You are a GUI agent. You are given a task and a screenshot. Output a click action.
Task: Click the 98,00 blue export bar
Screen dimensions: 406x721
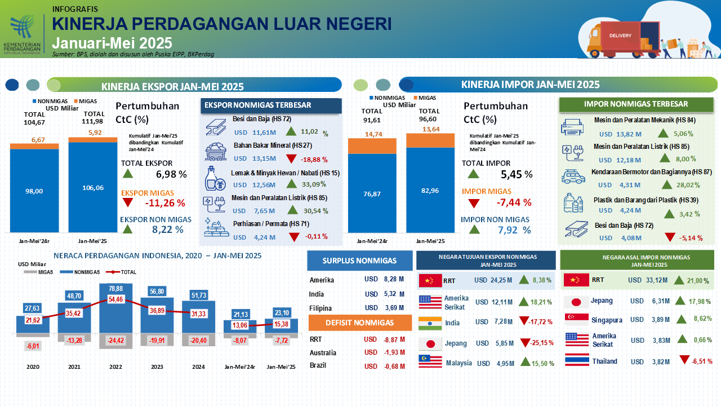34,191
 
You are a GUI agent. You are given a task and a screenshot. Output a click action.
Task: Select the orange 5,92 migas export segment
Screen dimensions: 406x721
92,139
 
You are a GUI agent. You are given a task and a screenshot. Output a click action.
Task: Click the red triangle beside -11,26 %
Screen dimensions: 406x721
128,202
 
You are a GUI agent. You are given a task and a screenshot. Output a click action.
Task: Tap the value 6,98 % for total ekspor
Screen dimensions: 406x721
171,174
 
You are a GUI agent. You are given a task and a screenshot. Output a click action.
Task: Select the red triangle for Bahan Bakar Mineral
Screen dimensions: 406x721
292,158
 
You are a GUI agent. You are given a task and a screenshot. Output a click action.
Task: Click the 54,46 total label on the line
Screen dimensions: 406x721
115,299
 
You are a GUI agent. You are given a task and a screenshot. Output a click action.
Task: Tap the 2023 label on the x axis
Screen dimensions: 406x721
157,367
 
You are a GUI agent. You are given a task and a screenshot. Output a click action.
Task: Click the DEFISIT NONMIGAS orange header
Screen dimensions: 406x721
360,323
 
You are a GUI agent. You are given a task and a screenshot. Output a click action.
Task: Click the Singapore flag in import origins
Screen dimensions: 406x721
576,319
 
